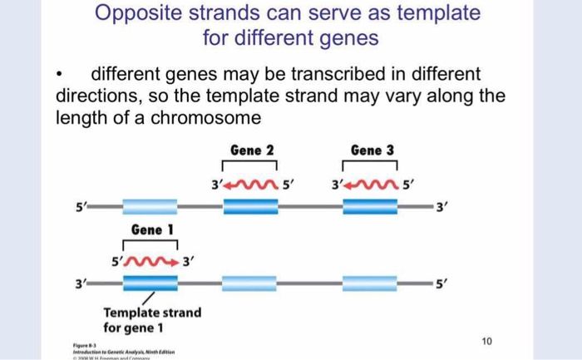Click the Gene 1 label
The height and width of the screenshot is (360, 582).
150,229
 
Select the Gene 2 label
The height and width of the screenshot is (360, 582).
252,150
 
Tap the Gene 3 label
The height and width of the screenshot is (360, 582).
372,150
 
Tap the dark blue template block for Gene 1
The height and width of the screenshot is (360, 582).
150,283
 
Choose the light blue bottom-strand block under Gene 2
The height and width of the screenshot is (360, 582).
252,283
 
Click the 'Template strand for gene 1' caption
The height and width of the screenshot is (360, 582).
152,320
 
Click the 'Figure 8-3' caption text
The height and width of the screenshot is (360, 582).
84,342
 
